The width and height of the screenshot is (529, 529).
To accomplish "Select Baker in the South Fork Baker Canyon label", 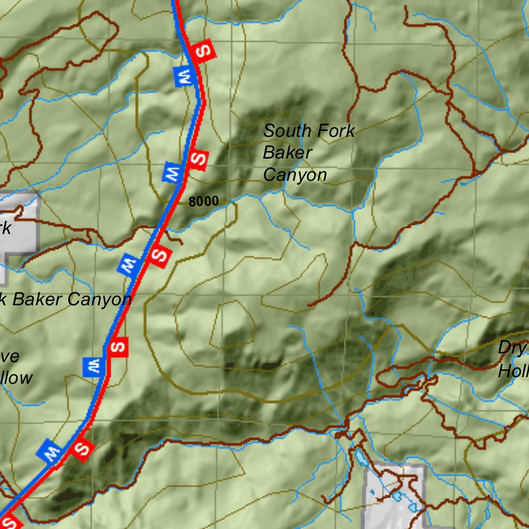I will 287,153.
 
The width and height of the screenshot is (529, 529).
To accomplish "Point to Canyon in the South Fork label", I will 295,175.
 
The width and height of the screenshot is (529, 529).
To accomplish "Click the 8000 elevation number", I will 204,202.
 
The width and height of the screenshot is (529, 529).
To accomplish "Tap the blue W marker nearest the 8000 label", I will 173,172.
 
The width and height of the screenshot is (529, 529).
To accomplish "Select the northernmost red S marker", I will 203,51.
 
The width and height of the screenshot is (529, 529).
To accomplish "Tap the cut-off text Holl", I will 513,370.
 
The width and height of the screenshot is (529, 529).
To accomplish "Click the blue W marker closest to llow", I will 94,366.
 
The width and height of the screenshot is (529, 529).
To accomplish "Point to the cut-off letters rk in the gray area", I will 5,227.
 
